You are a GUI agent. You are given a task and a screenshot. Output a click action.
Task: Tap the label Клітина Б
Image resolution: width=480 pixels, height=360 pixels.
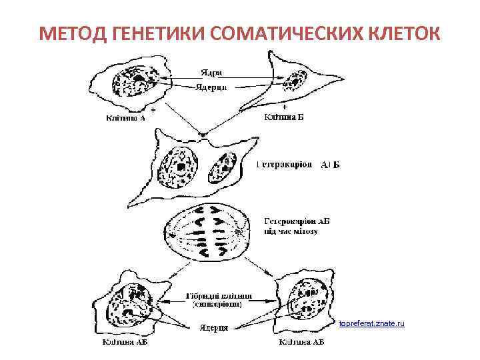point(284,118)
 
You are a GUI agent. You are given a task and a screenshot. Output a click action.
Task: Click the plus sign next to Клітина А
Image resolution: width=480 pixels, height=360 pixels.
point(153,108)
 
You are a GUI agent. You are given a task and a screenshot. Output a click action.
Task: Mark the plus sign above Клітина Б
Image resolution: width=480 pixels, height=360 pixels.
point(285,107)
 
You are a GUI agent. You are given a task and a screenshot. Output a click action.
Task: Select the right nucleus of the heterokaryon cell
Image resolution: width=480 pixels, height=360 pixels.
point(223,165)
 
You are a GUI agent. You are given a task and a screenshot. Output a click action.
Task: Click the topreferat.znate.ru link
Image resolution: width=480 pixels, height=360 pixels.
point(371,323)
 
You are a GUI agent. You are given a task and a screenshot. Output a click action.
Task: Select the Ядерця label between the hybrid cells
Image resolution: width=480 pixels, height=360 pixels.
point(214,327)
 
